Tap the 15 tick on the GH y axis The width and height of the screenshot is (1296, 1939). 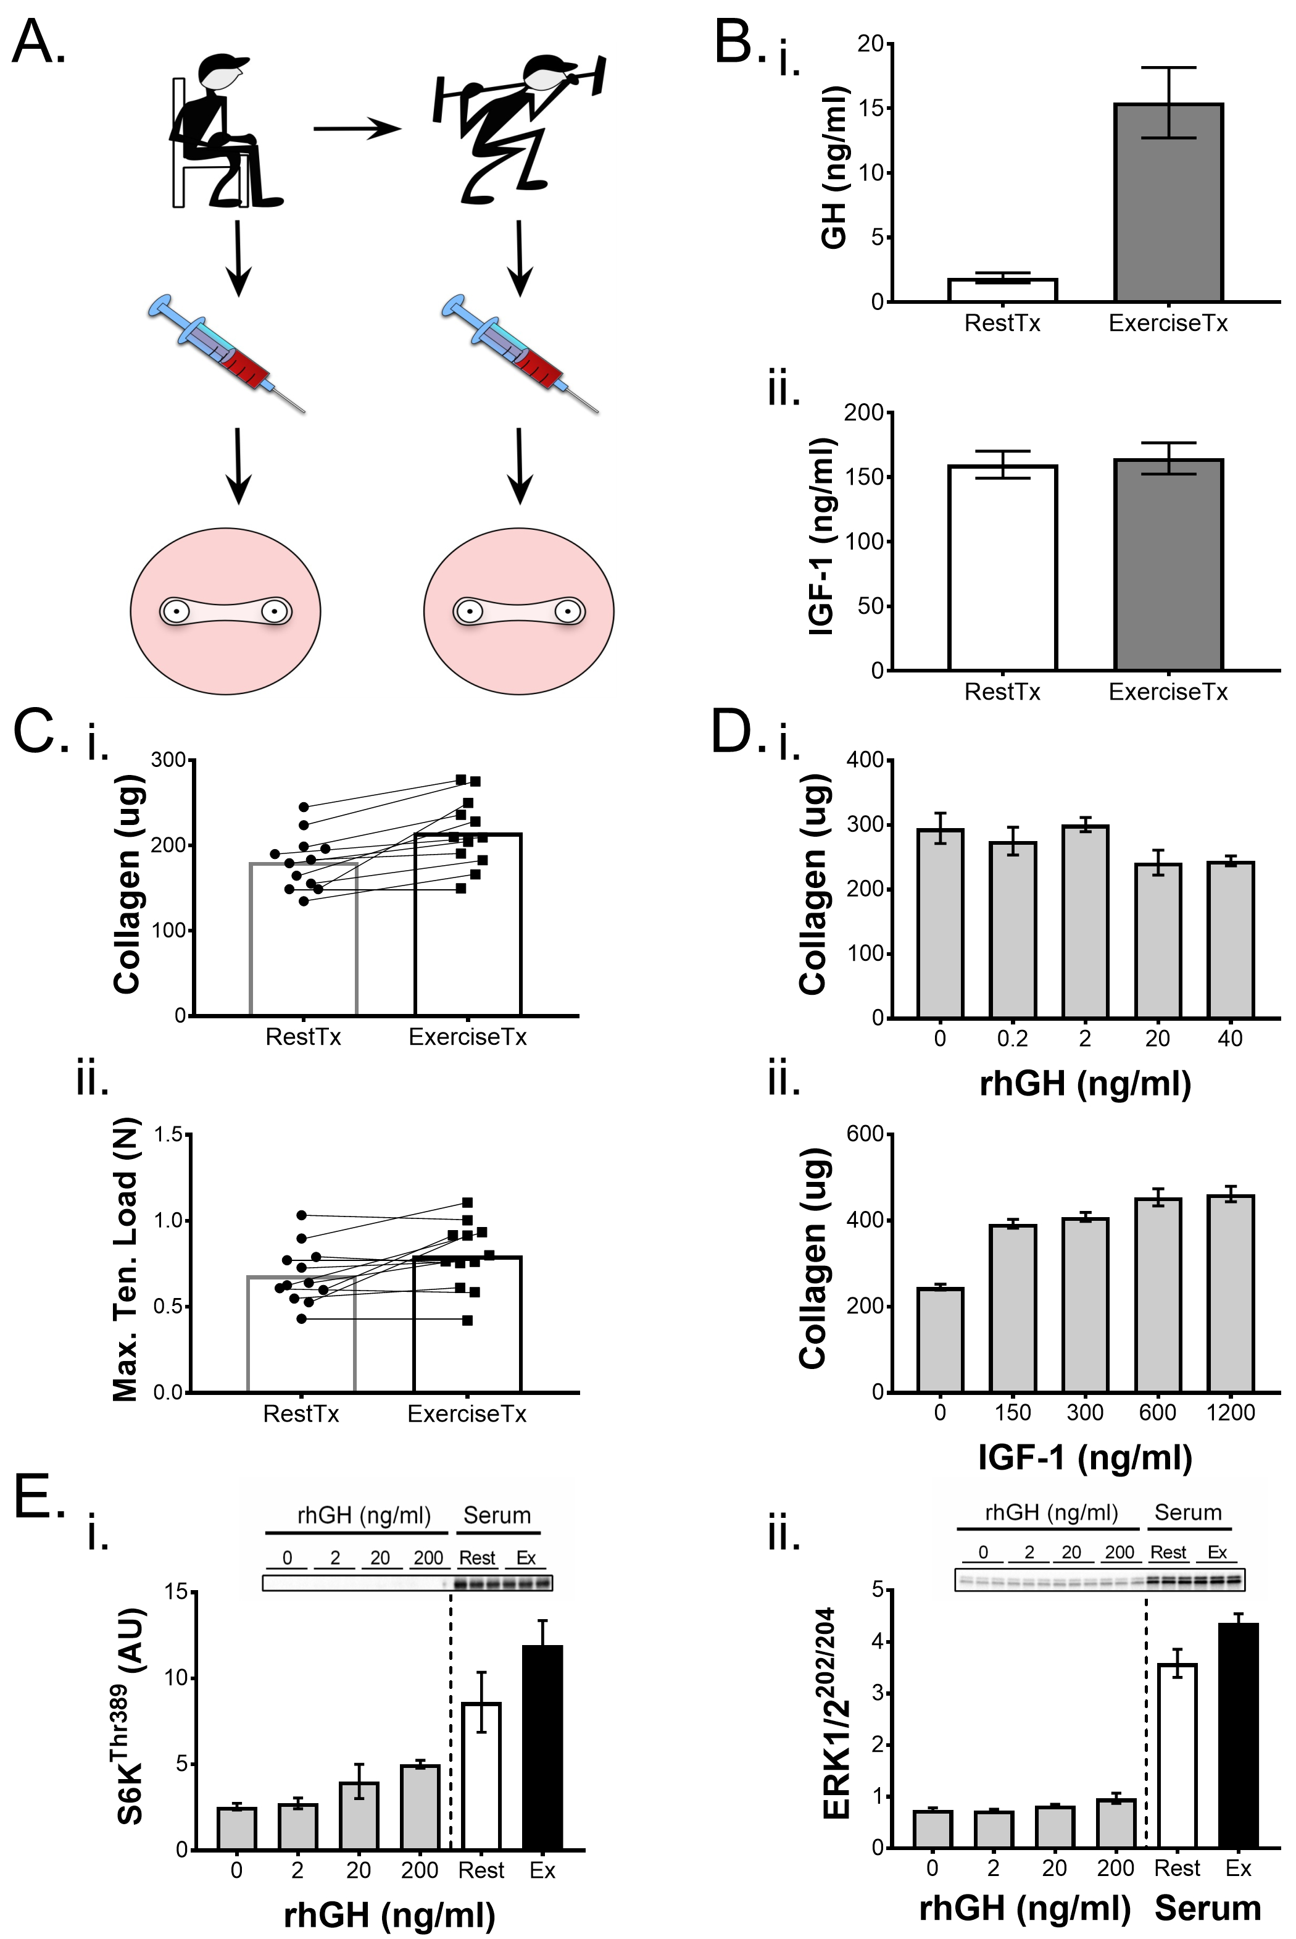(871, 108)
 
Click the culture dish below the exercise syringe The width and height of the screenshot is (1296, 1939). (518, 611)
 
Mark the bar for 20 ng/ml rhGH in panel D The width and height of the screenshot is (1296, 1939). (1157, 940)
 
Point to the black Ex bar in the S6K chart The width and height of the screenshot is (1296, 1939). (542, 1749)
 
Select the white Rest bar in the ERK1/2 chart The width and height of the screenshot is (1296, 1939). (1177, 1757)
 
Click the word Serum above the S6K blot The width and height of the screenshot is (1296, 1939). (496, 1515)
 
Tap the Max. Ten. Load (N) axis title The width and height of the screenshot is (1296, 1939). (126, 1261)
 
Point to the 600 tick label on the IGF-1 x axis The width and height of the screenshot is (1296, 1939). (1157, 1412)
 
